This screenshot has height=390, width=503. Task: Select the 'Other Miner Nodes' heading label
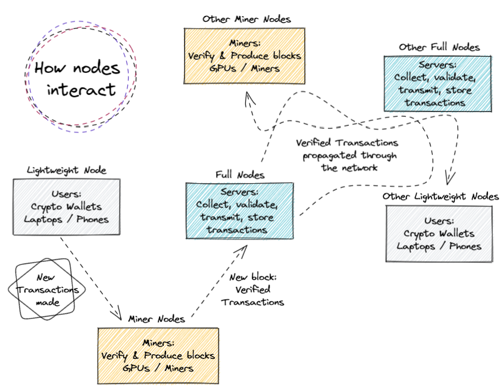[x=246, y=19]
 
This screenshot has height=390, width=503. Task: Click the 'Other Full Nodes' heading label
[x=439, y=47]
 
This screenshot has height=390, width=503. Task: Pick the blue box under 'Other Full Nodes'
[x=439, y=83]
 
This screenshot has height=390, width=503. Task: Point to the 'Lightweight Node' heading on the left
[x=67, y=170]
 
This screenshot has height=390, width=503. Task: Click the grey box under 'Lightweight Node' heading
[x=67, y=206]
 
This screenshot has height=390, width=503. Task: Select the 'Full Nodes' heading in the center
[x=239, y=175]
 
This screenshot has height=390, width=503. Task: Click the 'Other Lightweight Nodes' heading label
[x=440, y=196]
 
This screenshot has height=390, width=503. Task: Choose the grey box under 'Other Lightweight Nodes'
[x=439, y=233]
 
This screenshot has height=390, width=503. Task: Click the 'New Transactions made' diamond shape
[x=47, y=290]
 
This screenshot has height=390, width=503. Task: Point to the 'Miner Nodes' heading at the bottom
[x=157, y=319]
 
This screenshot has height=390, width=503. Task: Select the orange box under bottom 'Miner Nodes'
[x=158, y=355]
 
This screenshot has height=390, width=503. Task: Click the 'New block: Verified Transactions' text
[x=253, y=290]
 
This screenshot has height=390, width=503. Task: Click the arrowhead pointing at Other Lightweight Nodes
[x=449, y=179]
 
